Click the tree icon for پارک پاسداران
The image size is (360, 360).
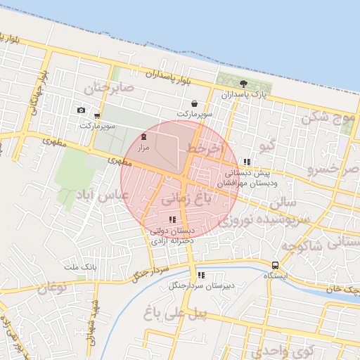click(243, 83)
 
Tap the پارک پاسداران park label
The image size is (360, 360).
click(243, 94)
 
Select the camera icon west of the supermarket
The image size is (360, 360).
click(81, 110)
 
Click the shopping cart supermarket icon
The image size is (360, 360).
click(97, 116)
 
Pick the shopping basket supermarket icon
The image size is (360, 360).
click(193, 103)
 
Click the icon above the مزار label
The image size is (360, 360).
click(143, 137)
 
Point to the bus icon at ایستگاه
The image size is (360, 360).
click(275, 265)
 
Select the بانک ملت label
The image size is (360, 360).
click(79, 267)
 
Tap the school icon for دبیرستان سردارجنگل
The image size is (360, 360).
click(201, 275)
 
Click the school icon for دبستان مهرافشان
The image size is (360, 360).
click(246, 162)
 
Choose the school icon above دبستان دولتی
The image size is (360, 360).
click(172, 220)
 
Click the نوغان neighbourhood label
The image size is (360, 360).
click(53, 288)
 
